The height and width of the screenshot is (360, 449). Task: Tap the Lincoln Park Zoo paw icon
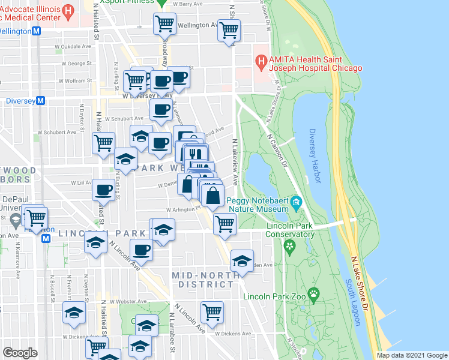pos(314,294)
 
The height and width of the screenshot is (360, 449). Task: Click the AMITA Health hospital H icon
pos(261,60)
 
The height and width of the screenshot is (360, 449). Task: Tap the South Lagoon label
pos(352,302)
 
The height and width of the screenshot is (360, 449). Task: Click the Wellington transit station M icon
pos(37,31)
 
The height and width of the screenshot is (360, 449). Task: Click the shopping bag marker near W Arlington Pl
pos(213,194)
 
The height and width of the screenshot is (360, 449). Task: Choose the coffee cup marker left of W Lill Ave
pos(103,190)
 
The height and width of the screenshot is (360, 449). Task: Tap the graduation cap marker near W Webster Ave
pos(74,313)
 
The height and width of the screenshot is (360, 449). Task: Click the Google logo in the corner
pos(20,352)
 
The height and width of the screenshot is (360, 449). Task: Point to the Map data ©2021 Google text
pos(412,355)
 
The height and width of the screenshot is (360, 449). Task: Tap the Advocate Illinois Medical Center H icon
pos(68,11)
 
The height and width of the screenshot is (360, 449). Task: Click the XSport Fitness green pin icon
pos(161,2)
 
